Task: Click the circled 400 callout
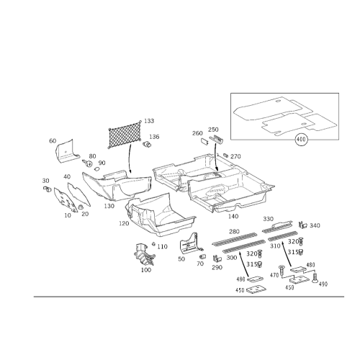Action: click(301, 139)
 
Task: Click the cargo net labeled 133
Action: click(125, 135)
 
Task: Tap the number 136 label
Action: click(154, 137)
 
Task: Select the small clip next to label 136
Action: click(146, 144)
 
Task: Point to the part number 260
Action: click(197, 133)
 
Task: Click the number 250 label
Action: click(213, 130)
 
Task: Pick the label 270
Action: click(235, 156)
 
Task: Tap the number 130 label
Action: click(109, 206)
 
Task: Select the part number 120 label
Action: click(124, 223)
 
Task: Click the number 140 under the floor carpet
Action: click(233, 217)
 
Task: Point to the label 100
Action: click(146, 270)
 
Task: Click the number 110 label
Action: click(162, 246)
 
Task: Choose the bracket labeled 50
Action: click(189, 243)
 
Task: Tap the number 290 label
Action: click(217, 267)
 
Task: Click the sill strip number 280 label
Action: click(234, 231)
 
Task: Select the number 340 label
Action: click(315, 225)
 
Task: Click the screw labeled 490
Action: click(315, 278)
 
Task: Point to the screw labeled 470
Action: click(282, 270)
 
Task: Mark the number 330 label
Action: click(268, 219)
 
